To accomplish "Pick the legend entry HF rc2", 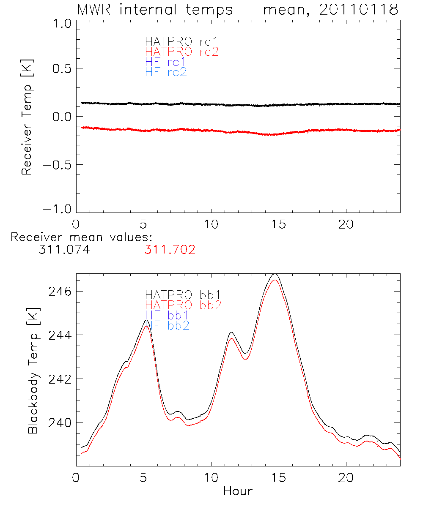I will [166, 72].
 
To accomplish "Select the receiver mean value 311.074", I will [63, 250].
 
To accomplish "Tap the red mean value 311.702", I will [170, 250].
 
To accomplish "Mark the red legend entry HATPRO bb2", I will [183, 305].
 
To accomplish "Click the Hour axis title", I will [238, 491].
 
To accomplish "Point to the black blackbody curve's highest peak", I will [275, 274].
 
